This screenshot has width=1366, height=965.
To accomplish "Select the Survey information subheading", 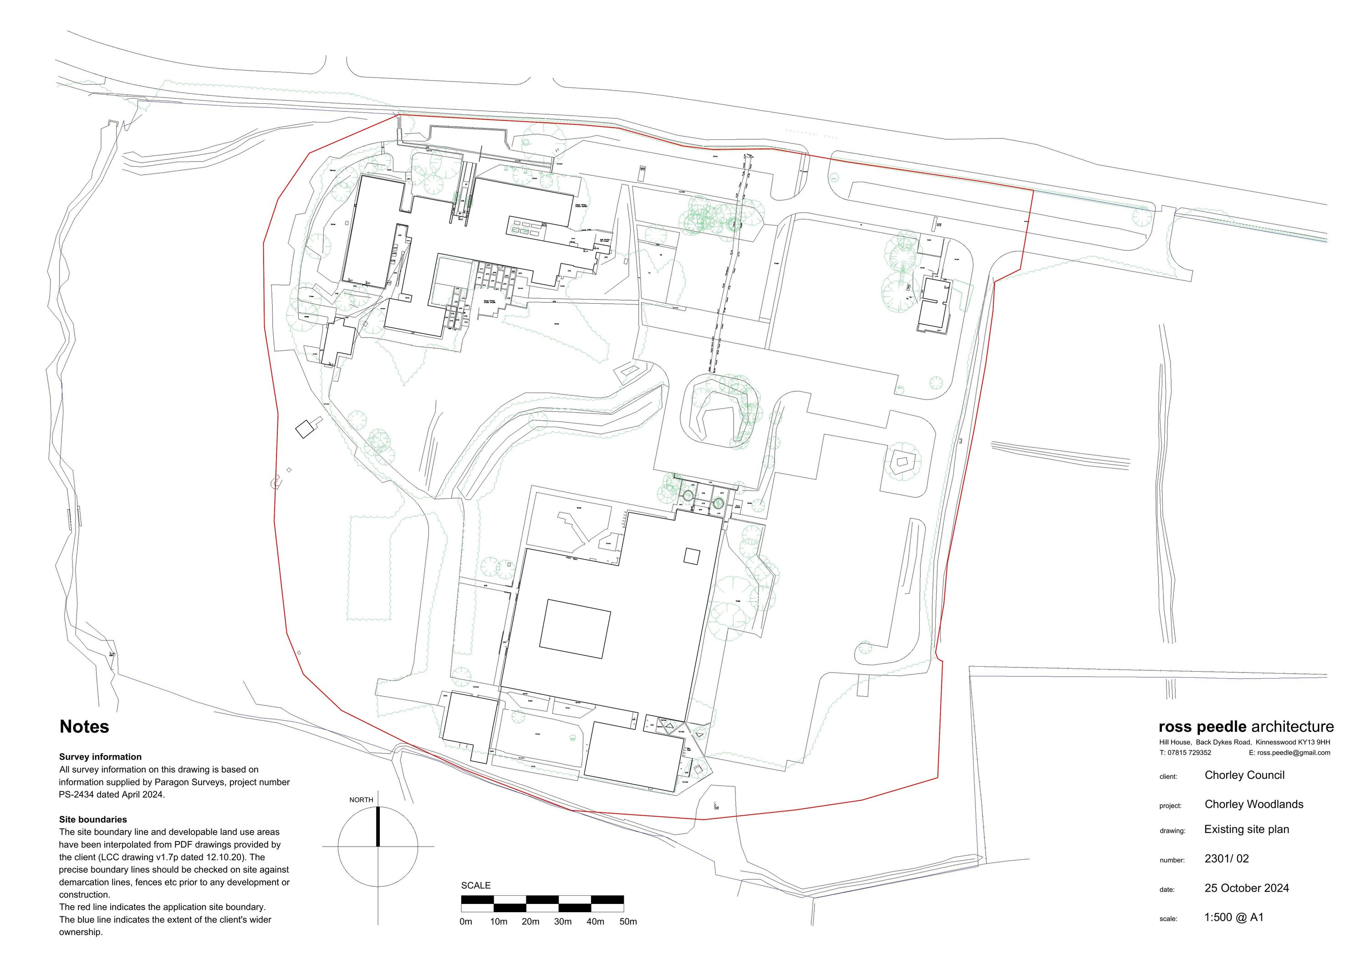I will coord(100,757).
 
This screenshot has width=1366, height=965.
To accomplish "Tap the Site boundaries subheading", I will coord(93,819).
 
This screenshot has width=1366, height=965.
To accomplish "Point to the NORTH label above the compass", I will coord(361,800).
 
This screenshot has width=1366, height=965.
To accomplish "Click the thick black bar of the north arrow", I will coord(378,827).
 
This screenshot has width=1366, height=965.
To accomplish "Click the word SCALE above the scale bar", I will coord(475,885).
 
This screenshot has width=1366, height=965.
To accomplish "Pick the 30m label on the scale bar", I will coord(562,922).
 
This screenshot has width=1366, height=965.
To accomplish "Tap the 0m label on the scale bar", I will coord(466,922).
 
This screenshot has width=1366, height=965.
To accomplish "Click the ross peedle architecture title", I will coord(1246,727).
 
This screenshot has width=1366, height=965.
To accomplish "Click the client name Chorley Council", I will coord(1244,775).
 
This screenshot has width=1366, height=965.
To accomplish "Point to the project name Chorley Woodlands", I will coord(1254,804).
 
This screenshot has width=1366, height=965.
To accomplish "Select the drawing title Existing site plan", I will coord(1246,829).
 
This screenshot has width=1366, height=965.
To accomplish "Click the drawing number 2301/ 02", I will coord(1226,858).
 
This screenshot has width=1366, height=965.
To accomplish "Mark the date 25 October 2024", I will coord(1246,888).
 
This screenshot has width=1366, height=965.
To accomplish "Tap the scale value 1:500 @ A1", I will coord(1233,917).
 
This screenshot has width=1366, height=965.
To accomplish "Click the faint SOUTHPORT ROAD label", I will coord(811,134).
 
